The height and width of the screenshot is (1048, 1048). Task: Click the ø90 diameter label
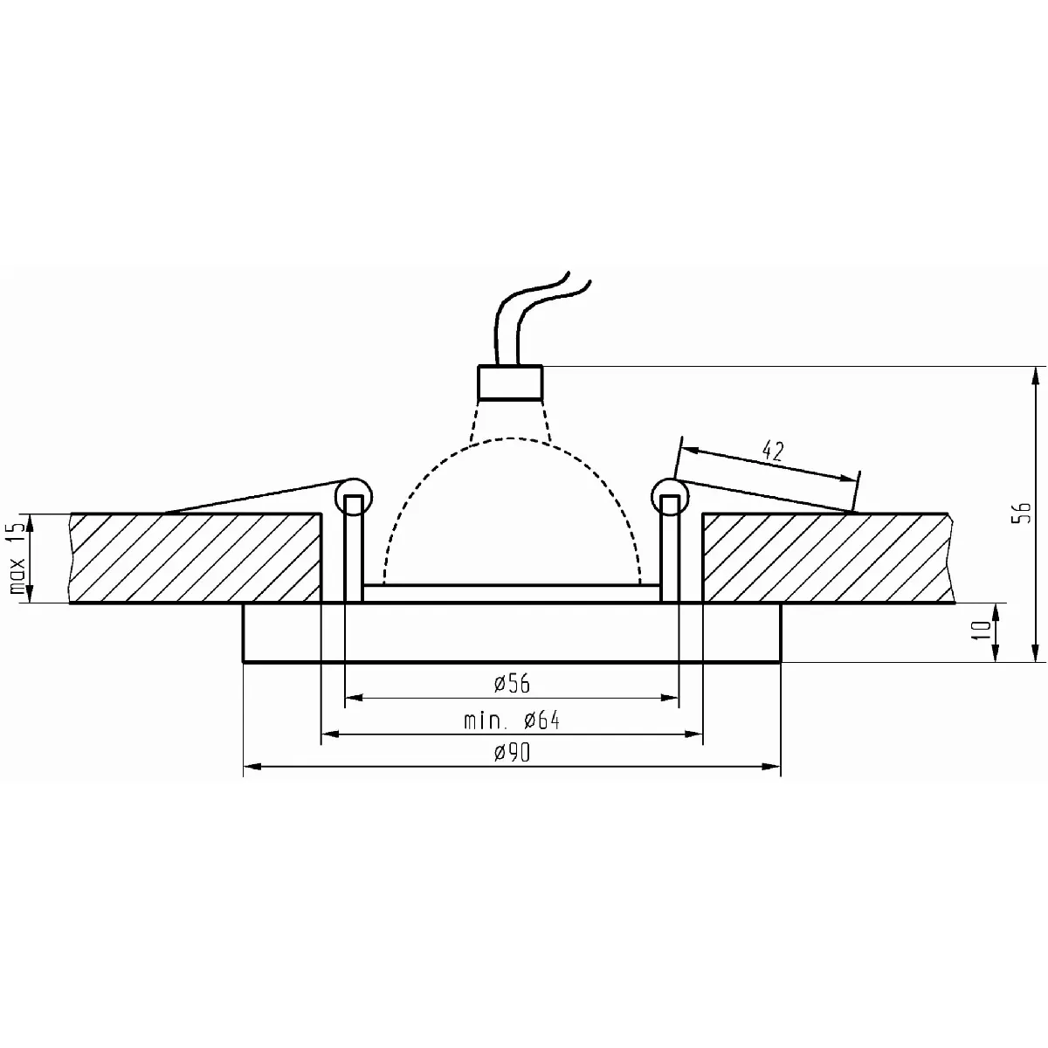coord(512,753)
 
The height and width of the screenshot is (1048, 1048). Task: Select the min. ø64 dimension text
coord(511,720)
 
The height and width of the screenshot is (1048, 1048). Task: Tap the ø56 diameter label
coord(512,683)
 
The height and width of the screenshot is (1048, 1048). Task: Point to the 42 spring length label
coord(773,451)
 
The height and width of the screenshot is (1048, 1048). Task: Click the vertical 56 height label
coord(1024,513)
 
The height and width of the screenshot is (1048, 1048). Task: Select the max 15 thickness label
coord(18,557)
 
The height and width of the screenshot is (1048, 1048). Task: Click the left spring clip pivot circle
coord(354,497)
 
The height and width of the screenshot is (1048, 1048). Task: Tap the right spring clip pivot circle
coord(670,497)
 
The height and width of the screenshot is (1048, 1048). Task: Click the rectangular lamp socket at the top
coord(510,383)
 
